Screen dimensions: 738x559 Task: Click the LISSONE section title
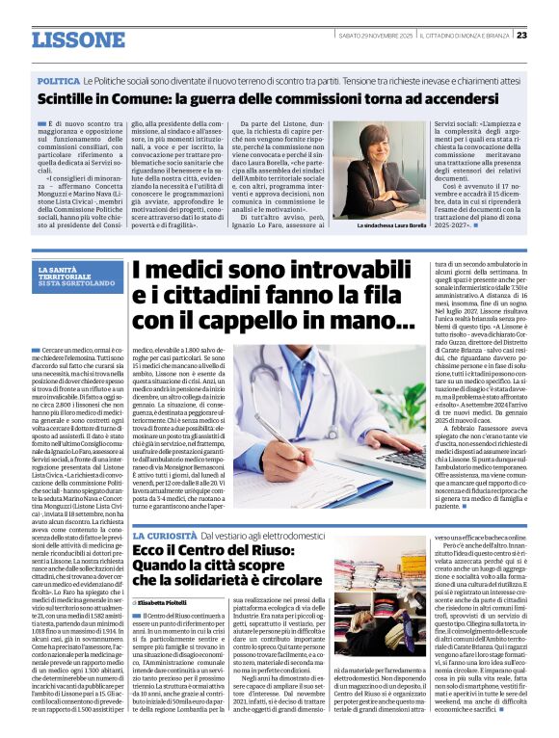pyautogui.click(x=78, y=40)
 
